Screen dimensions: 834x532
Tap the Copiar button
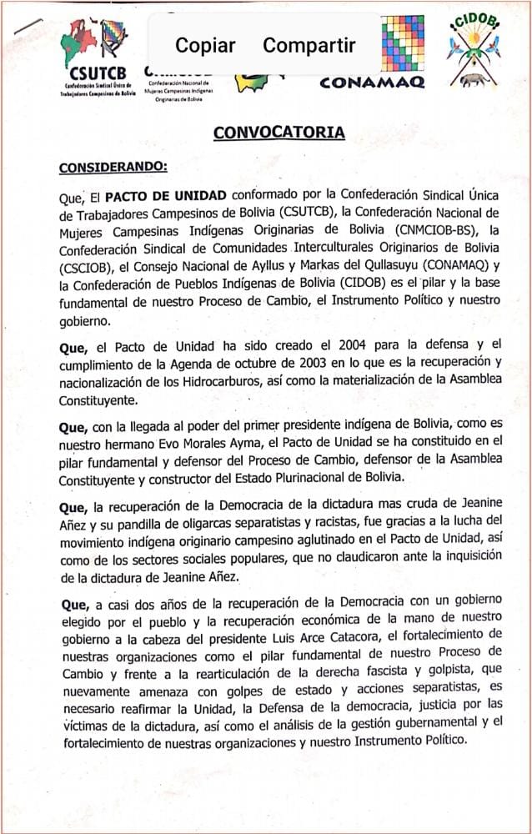[x=205, y=45]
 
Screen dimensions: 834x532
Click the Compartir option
[x=309, y=45]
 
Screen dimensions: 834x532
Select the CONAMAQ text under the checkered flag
[x=373, y=82]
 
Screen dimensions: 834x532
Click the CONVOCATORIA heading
[x=279, y=133]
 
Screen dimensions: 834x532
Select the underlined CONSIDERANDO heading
[x=113, y=167]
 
